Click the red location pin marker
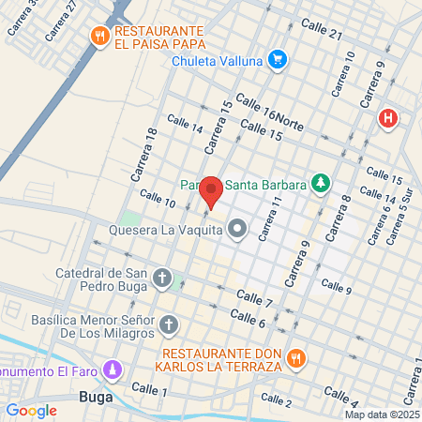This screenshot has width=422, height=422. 212,191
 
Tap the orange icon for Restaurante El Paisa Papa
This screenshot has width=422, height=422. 99,37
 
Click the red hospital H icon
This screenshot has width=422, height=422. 386,118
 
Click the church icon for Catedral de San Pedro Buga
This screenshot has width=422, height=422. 162,279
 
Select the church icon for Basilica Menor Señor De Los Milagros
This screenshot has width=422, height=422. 169,324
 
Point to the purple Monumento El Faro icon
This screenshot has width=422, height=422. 113,370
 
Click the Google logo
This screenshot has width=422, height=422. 31,410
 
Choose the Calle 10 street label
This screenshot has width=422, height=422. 157,199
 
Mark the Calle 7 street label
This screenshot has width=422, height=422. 254,299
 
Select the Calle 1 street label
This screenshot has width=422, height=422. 149,388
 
